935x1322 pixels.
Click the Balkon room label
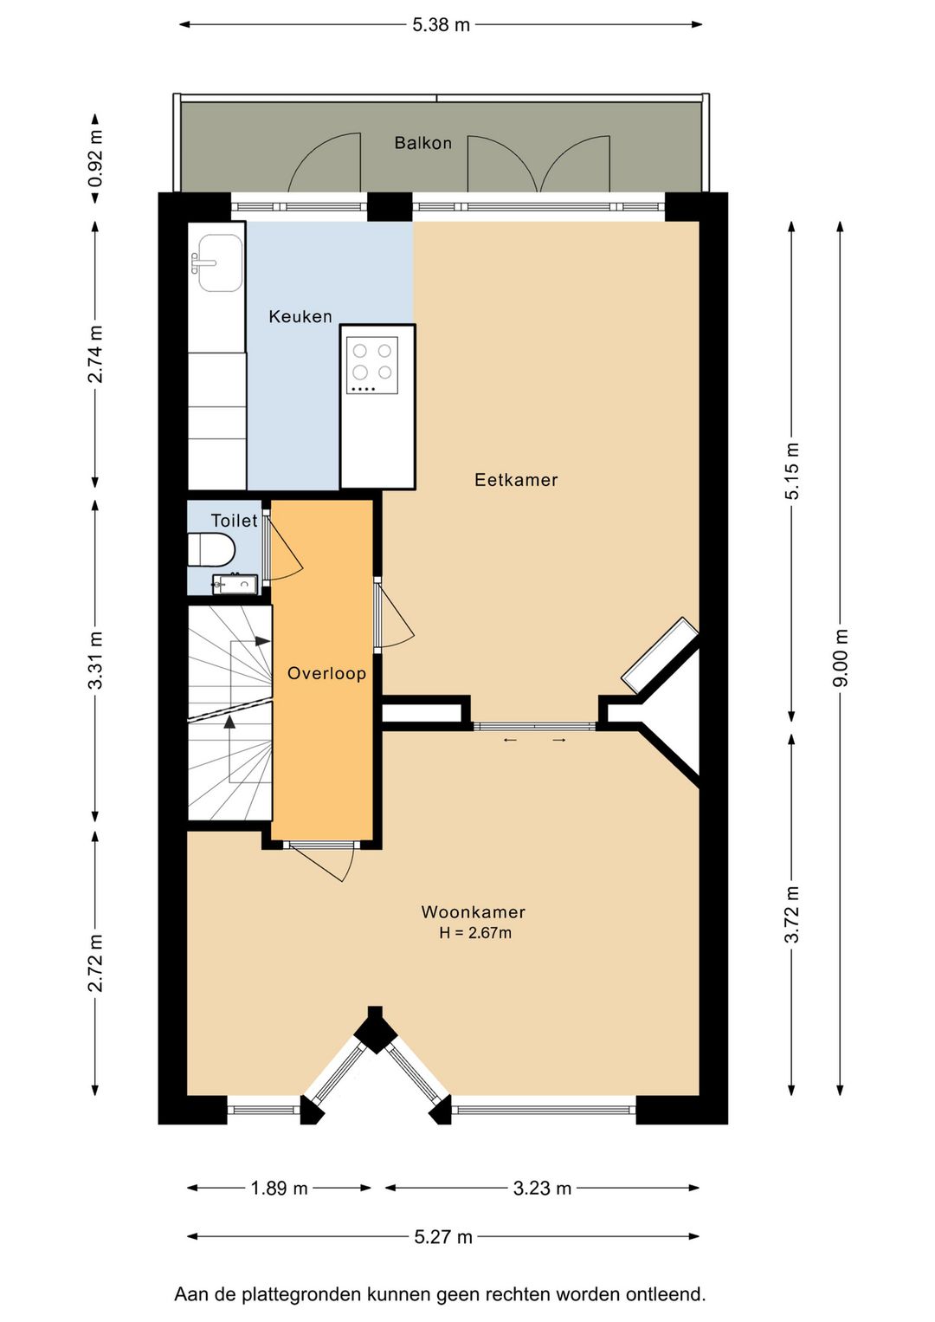click(423, 143)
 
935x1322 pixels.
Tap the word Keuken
click(300, 316)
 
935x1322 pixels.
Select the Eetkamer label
click(516, 479)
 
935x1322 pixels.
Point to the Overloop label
click(326, 673)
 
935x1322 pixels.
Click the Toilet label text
click(235, 520)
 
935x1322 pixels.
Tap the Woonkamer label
click(473, 912)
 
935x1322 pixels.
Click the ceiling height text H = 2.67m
click(475, 933)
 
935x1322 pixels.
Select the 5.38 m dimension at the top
click(442, 25)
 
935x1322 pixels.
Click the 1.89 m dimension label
click(279, 1188)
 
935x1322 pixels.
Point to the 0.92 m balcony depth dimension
click(95, 158)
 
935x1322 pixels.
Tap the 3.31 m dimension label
click(95, 660)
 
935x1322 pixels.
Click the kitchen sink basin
click(219, 263)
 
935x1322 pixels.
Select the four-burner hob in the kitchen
click(372, 366)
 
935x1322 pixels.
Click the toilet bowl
click(212, 549)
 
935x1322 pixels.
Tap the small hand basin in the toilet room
click(235, 584)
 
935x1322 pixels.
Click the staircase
click(229, 712)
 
